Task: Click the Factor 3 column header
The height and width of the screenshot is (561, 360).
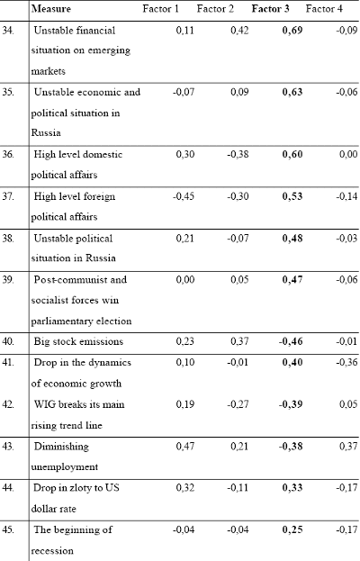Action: coord(270,9)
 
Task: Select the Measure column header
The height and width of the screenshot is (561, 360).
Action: coord(51,9)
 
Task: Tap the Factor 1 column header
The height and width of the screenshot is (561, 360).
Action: coord(160,9)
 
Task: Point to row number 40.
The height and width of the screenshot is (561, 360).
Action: coord(8,341)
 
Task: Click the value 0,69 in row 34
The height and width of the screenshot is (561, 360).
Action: coord(292,31)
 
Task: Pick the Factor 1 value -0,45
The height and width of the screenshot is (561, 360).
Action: coord(184,196)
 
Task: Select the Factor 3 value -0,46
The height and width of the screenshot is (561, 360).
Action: coord(291,341)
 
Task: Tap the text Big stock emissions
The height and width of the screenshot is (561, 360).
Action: coord(78,341)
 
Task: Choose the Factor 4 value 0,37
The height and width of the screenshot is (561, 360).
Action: coord(347,446)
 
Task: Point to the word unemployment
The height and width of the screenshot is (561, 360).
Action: coord(64,467)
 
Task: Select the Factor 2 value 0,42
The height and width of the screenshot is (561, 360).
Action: coord(239,31)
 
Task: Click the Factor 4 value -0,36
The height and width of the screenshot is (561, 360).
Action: coord(346,362)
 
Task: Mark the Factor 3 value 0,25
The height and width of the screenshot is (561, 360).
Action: coord(292,529)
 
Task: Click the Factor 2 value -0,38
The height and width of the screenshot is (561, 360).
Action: coord(238,155)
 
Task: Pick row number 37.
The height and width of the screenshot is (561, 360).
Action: coord(8,196)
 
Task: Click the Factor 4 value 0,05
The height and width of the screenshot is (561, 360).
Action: coord(347,404)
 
